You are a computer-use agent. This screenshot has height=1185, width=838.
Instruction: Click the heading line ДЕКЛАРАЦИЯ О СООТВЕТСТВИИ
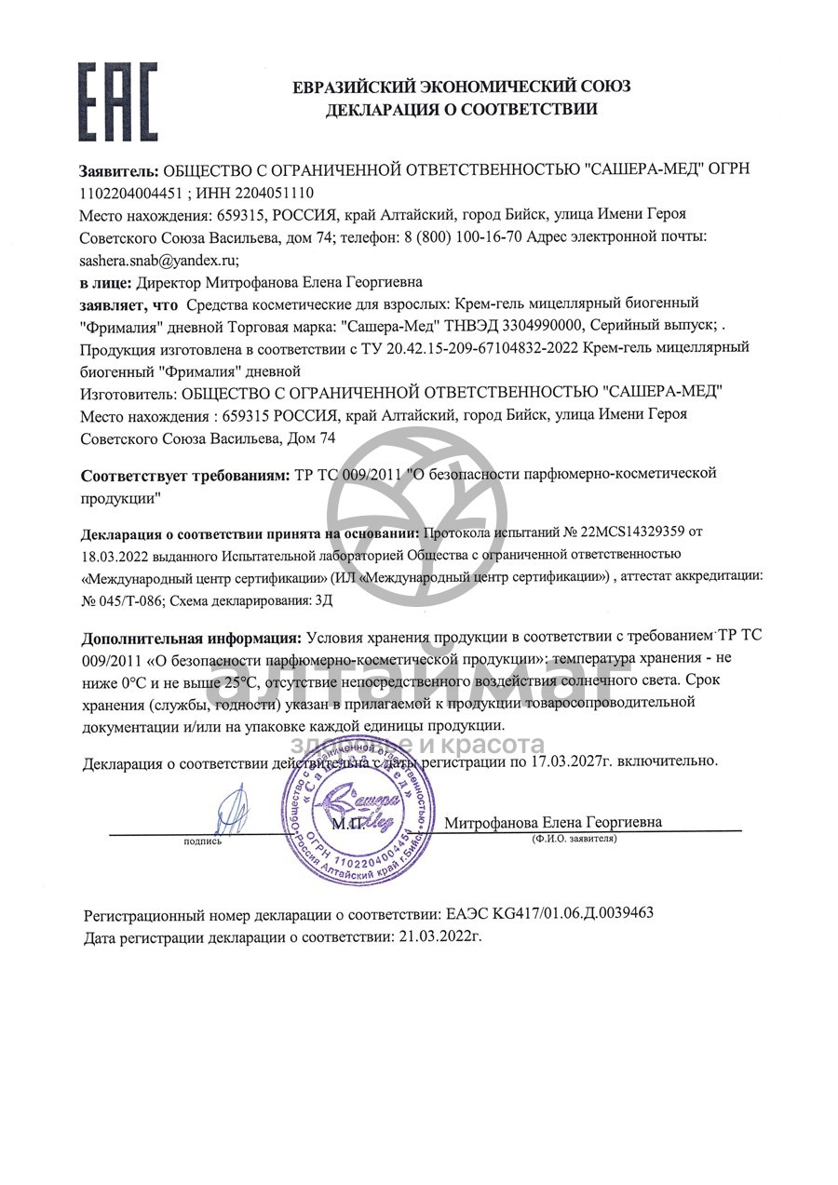pyautogui.click(x=461, y=110)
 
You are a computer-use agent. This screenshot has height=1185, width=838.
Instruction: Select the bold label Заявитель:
pyautogui.click(x=120, y=171)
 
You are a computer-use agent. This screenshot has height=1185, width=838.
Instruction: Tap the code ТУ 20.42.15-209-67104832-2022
pyautogui.click(x=469, y=347)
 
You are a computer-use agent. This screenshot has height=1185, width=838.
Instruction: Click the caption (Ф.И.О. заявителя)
pyautogui.click(x=574, y=839)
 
